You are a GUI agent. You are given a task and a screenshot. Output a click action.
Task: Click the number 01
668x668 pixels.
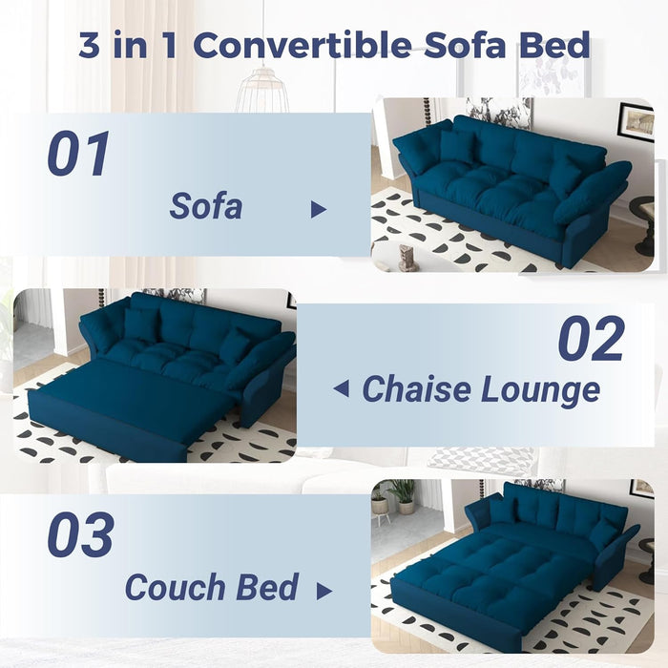tap(79, 155)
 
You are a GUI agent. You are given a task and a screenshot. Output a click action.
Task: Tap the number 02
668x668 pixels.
tap(591, 339)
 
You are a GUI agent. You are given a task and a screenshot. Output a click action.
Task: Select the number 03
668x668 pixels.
tap(80, 536)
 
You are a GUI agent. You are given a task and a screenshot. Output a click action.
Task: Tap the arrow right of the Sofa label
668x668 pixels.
tap(319, 210)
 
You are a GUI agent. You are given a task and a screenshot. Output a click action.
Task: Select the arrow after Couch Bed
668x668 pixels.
tap(324, 591)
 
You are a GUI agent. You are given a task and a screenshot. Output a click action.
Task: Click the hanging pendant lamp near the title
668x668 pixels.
tap(261, 93)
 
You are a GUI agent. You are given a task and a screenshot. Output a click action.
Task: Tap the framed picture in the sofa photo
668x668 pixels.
tap(635, 121)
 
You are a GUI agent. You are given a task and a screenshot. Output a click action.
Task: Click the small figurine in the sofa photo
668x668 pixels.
tap(408, 258)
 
